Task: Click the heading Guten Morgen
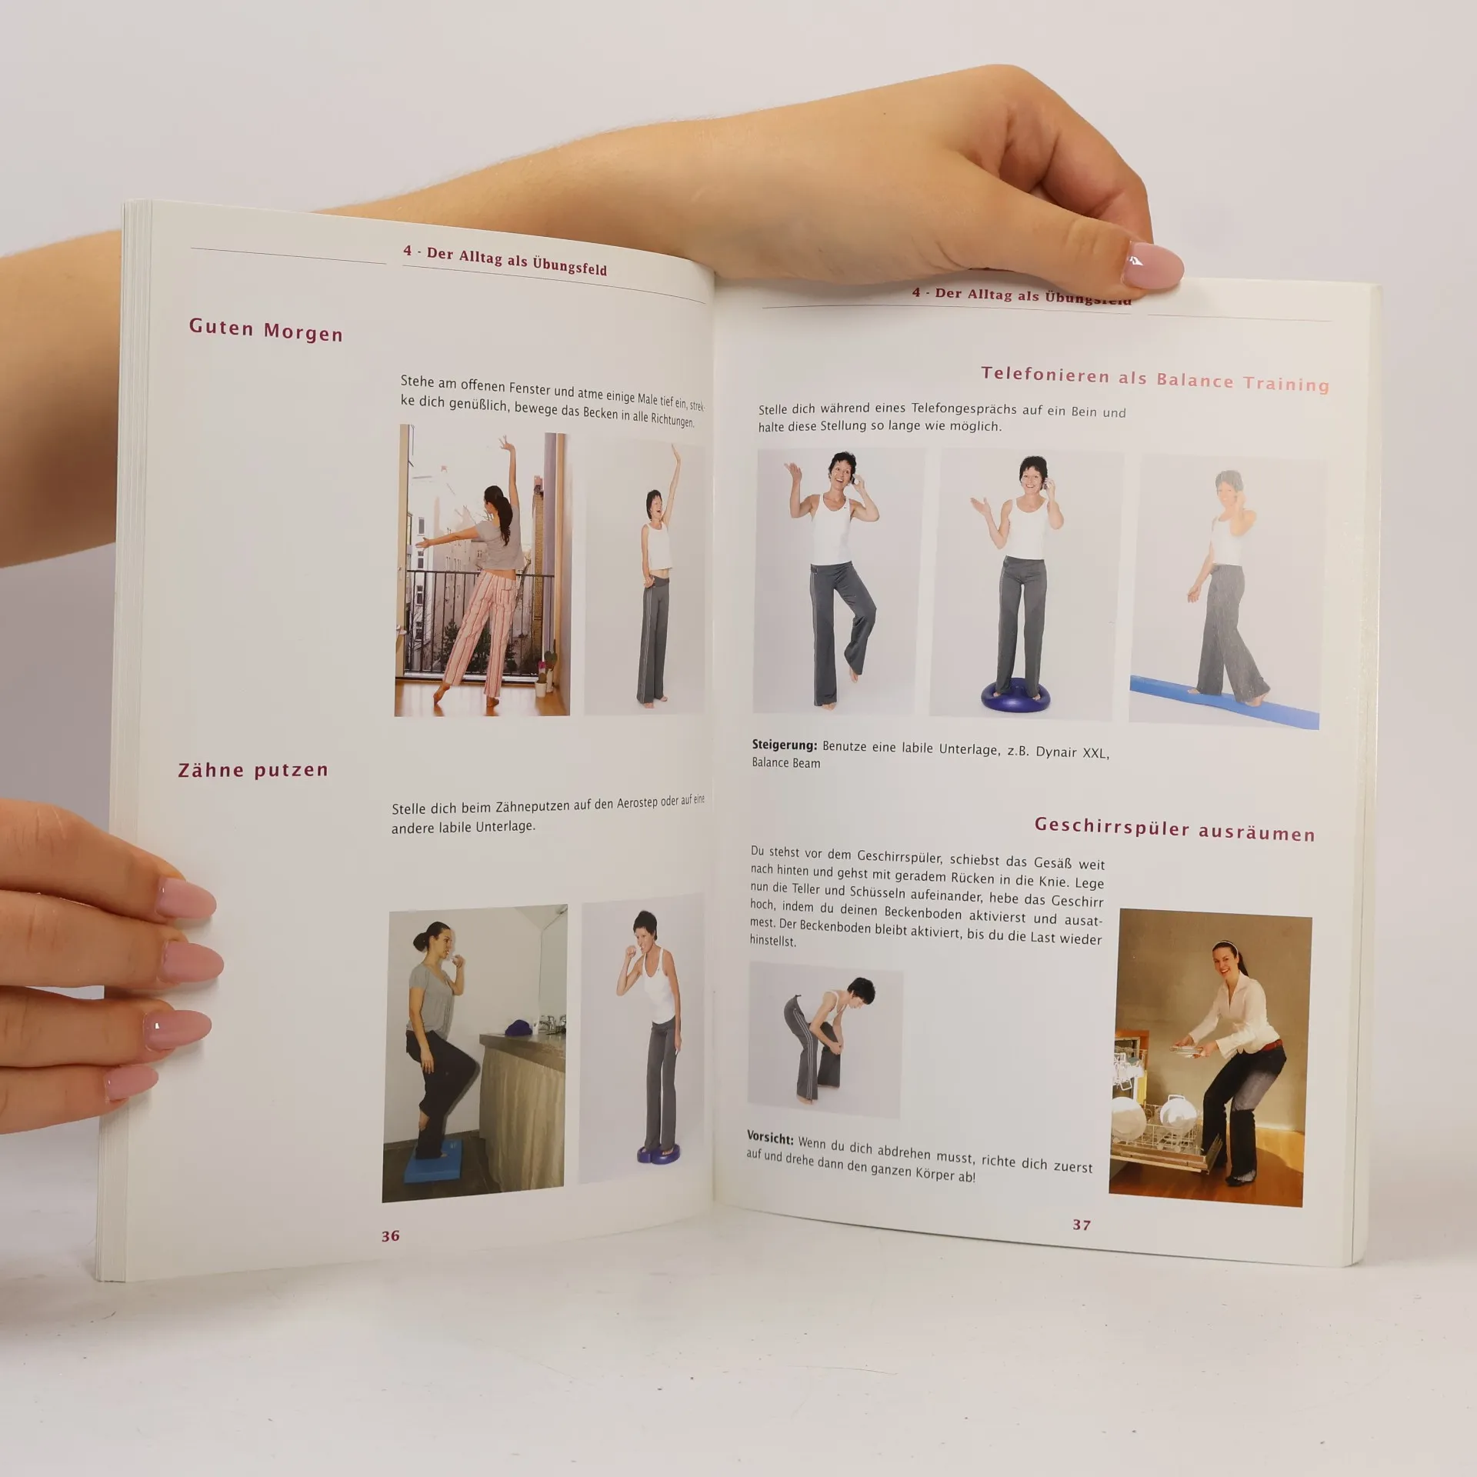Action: (x=265, y=330)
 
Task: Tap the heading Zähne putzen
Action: (x=253, y=770)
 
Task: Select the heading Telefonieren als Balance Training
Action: (x=1155, y=379)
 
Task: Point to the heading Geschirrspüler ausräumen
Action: (x=1175, y=829)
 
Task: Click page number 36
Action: (x=391, y=1235)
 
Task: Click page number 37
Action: (x=1082, y=1225)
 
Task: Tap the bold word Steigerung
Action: (x=784, y=745)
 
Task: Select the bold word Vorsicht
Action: (x=770, y=1138)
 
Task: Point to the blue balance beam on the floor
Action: (x=1224, y=704)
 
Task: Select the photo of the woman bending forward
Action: (x=825, y=1040)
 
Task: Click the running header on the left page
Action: (x=505, y=260)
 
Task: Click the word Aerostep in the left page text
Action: (x=637, y=802)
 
